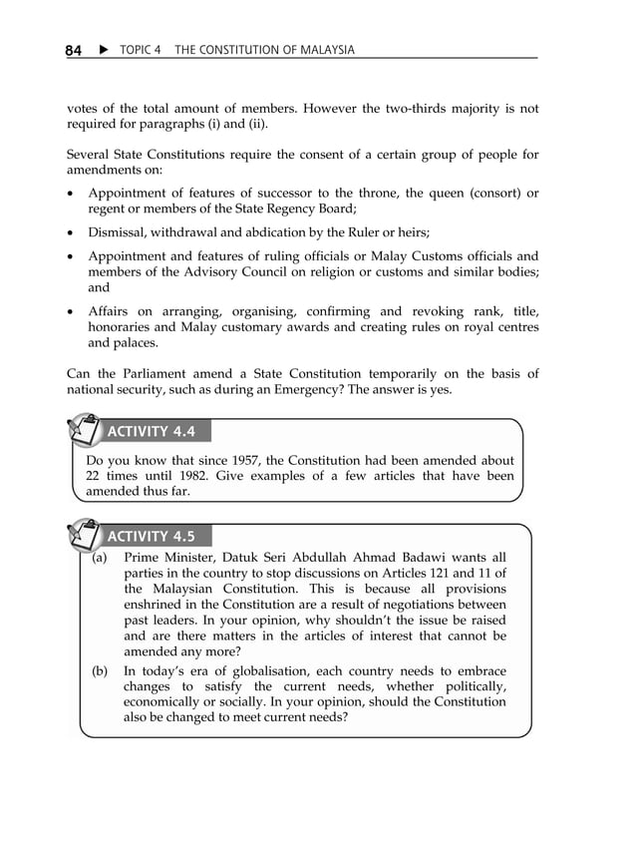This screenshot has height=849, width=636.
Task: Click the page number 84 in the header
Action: pyautogui.click(x=75, y=50)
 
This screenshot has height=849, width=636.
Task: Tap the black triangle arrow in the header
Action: pyautogui.click(x=102, y=50)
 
